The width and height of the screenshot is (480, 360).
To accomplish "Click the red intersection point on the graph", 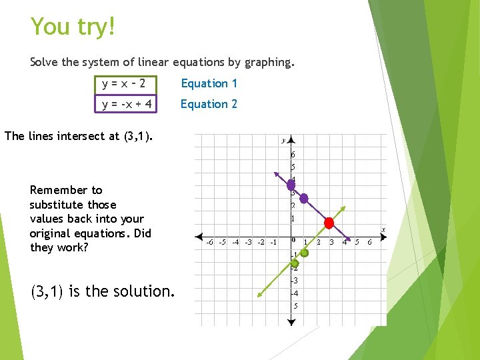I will click(329, 223).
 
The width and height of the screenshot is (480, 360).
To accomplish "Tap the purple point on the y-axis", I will click(291, 185).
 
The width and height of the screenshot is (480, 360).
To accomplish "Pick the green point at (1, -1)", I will click(305, 253).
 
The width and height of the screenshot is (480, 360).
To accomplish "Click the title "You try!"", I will click(73, 27).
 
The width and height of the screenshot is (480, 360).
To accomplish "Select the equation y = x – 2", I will click(123, 83).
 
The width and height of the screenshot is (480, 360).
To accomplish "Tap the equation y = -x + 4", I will click(127, 104).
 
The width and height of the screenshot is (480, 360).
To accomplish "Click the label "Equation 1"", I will click(209, 83).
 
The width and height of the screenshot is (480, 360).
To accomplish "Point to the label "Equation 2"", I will click(209, 104).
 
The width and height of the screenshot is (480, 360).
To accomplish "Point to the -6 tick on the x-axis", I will click(210, 243).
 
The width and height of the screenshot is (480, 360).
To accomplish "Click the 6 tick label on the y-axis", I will click(293, 155).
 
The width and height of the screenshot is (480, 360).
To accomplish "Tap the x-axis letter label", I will click(383, 230).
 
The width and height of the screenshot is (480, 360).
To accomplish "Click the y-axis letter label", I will click(283, 140).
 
